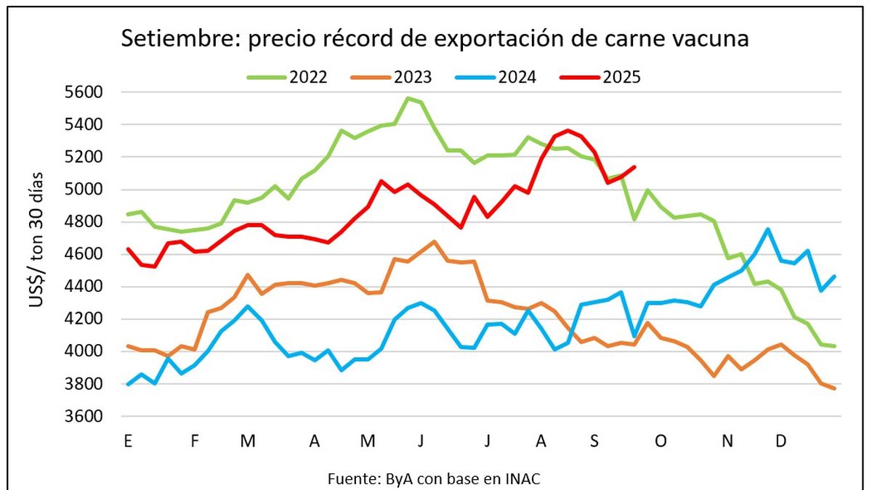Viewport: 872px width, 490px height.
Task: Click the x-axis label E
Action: tap(128, 441)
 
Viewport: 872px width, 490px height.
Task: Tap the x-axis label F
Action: tap(195, 441)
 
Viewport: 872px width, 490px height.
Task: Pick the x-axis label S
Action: tap(594, 441)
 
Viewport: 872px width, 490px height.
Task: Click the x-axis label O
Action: tap(661, 441)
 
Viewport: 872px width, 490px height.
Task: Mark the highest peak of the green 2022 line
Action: tap(408, 98)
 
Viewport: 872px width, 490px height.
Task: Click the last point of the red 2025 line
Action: tap(634, 167)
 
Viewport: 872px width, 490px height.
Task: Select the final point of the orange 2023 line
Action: tap(834, 388)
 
